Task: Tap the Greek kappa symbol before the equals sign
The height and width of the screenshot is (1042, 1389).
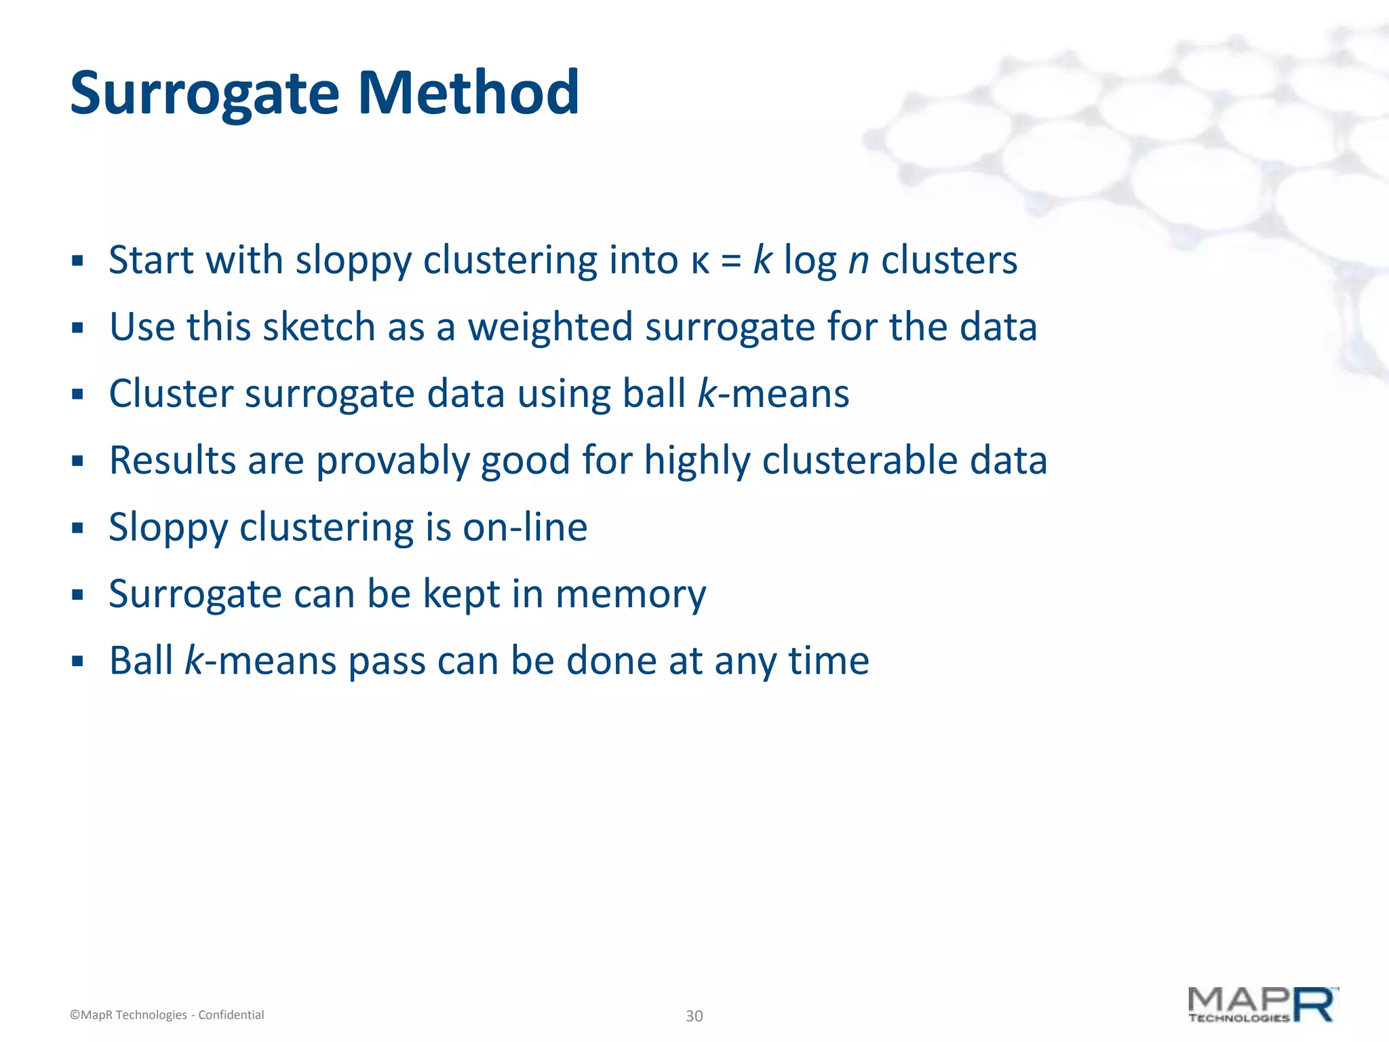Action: click(700, 262)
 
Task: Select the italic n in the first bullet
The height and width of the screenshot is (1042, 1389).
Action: click(859, 262)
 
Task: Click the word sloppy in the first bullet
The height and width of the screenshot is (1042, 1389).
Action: click(353, 262)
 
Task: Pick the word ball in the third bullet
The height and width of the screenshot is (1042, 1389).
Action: click(654, 393)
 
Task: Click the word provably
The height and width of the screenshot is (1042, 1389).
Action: click(393, 461)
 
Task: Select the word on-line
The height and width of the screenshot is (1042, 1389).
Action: click(524, 528)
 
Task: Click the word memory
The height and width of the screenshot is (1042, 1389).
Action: click(630, 595)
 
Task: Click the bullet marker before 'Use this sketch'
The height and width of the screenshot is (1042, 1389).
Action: click(77, 328)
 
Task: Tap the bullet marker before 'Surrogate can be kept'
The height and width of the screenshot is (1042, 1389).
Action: click(77, 595)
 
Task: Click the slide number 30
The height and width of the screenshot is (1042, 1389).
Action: click(694, 1016)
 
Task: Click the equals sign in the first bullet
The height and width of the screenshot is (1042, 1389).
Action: click(731, 262)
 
